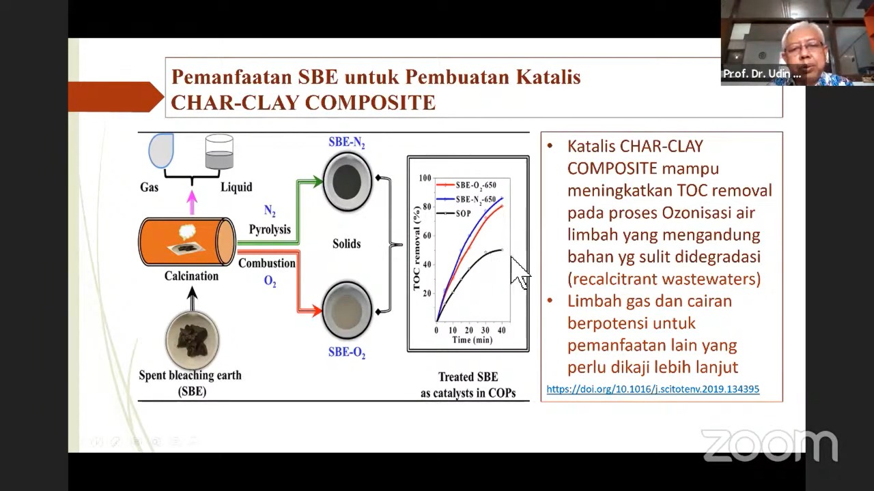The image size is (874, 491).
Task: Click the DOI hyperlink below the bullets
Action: click(653, 389)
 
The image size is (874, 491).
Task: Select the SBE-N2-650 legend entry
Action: click(466, 200)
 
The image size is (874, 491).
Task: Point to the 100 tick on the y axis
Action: click(425, 178)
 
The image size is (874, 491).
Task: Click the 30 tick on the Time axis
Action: click(485, 331)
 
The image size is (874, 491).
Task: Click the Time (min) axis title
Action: click(472, 340)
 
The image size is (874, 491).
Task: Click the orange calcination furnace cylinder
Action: click(187, 241)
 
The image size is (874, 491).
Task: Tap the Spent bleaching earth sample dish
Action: click(192, 340)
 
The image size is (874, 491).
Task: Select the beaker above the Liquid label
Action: click(219, 151)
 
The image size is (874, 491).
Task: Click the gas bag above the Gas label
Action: click(160, 151)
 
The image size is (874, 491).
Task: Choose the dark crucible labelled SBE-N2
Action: click(347, 181)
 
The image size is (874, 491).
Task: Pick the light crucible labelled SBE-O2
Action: click(347, 310)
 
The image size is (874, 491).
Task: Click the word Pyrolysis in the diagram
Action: click(270, 229)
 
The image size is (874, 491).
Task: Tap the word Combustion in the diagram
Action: click(267, 263)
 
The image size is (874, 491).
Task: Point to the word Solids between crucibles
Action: click(346, 243)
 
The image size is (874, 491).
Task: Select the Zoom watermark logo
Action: click(770, 446)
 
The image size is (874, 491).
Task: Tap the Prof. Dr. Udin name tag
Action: click(762, 74)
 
